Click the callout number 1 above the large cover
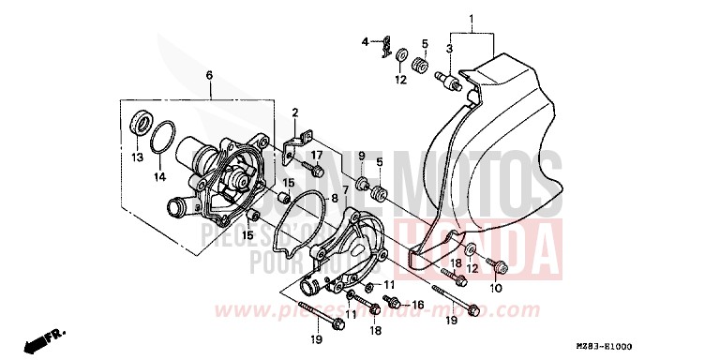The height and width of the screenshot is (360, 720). tap(472, 20)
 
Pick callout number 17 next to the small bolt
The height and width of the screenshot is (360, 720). tap(317, 155)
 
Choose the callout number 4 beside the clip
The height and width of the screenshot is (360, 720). tap(367, 42)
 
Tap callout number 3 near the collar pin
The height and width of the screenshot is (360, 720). tap(450, 48)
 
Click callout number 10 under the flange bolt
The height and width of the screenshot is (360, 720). tap(497, 289)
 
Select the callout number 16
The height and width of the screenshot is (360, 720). tap(418, 305)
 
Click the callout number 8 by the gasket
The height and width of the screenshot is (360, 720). tap(334, 199)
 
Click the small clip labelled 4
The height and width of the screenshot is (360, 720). tap(383, 48)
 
